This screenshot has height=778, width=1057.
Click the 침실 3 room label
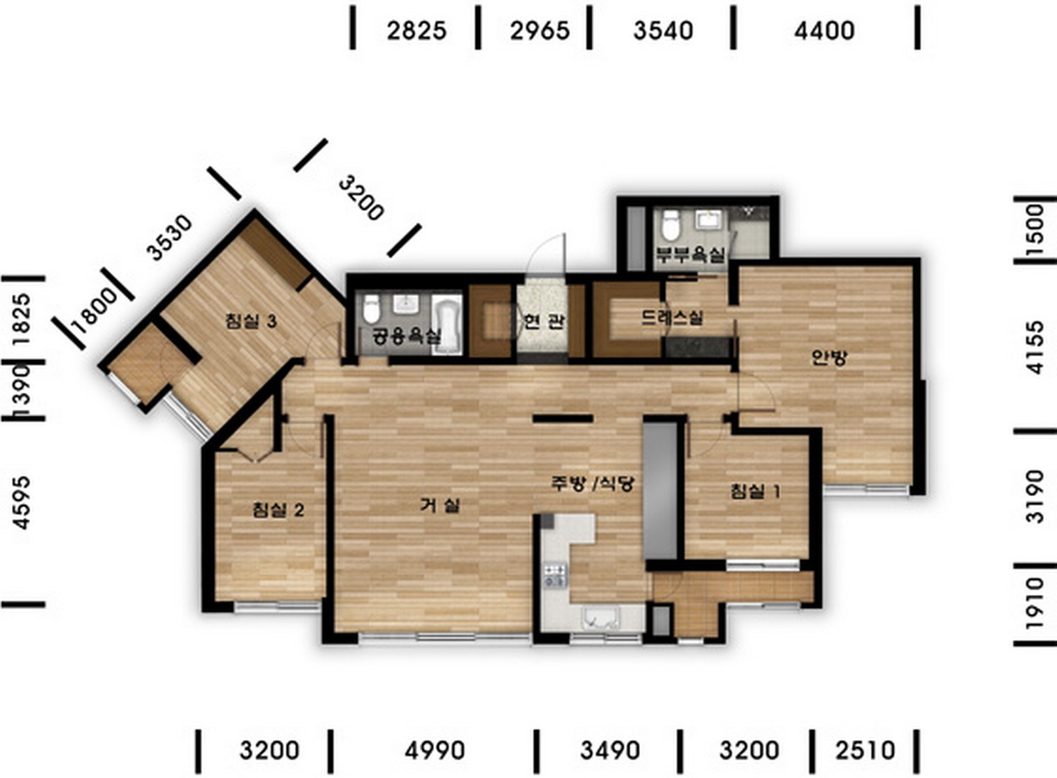tap(251, 321)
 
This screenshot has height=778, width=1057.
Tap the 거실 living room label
tap(440, 506)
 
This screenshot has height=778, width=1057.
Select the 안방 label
tap(829, 357)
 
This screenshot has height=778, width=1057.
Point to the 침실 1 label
tap(755, 492)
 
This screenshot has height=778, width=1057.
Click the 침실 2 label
tap(278, 510)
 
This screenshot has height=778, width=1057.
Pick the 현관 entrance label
tap(543, 322)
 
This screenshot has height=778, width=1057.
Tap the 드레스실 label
tap(672, 318)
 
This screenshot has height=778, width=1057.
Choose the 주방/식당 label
tap(593, 483)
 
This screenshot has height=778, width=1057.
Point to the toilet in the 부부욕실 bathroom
tap(670, 225)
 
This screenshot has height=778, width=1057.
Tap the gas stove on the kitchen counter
tap(555, 575)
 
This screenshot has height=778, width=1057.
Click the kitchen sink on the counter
tap(602, 619)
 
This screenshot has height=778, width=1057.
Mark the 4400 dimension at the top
tap(824, 31)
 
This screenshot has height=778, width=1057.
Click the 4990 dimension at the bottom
tap(435, 750)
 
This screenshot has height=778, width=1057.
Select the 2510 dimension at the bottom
tap(865, 750)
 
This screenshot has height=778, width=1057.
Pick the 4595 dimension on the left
tap(22, 502)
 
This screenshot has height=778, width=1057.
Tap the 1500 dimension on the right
tap(1035, 229)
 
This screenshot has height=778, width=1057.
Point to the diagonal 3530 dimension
tap(170, 237)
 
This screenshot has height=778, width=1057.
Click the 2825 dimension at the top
tap(416, 31)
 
